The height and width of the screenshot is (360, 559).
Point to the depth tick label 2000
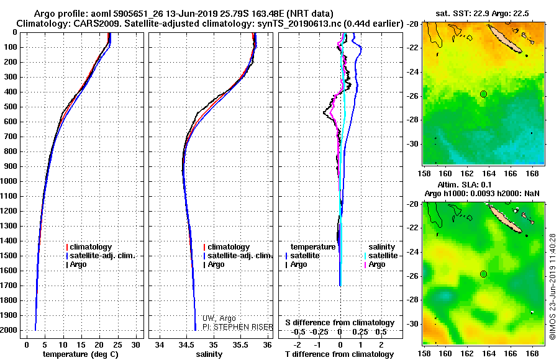click(x=9, y=330)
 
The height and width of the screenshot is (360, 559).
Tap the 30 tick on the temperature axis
click(x=136, y=344)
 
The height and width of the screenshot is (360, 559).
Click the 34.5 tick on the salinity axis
click(x=186, y=344)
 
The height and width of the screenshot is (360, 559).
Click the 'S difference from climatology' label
click(x=340, y=323)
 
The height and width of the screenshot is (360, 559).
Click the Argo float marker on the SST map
click(x=483, y=94)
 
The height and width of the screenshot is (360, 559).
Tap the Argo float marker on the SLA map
click(x=483, y=274)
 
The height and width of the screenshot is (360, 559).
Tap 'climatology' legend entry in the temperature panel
click(x=90, y=247)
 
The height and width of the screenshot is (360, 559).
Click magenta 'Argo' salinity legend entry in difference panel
click(x=376, y=264)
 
